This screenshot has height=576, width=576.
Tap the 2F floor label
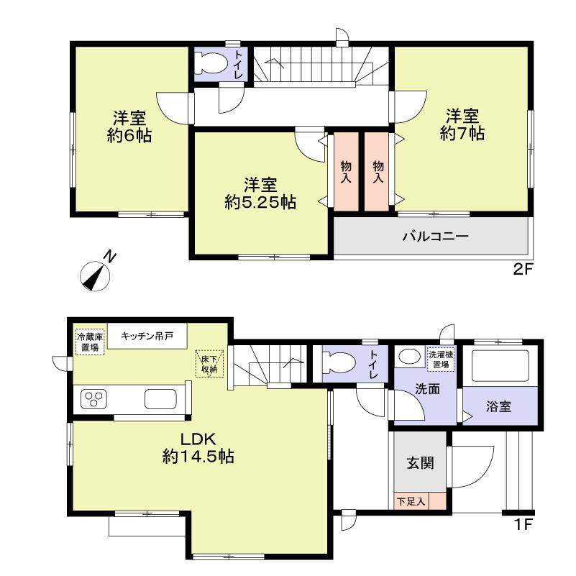[x=521, y=271]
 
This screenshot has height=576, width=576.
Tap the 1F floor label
[x=523, y=524]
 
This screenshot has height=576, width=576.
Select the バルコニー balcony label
[x=435, y=235]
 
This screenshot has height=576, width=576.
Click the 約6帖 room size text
[x=129, y=136]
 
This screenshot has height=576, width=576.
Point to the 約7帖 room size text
[x=462, y=133]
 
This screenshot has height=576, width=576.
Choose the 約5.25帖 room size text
[x=260, y=203]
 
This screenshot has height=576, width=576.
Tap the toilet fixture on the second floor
[x=211, y=63]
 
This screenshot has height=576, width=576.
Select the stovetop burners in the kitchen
[x=93, y=398]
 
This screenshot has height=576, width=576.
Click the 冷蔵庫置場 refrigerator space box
[x=89, y=342]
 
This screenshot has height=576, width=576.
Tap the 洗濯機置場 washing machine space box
[x=439, y=359]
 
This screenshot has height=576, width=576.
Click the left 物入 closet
[x=346, y=172]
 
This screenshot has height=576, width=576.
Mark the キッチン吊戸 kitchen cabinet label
[x=146, y=336]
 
